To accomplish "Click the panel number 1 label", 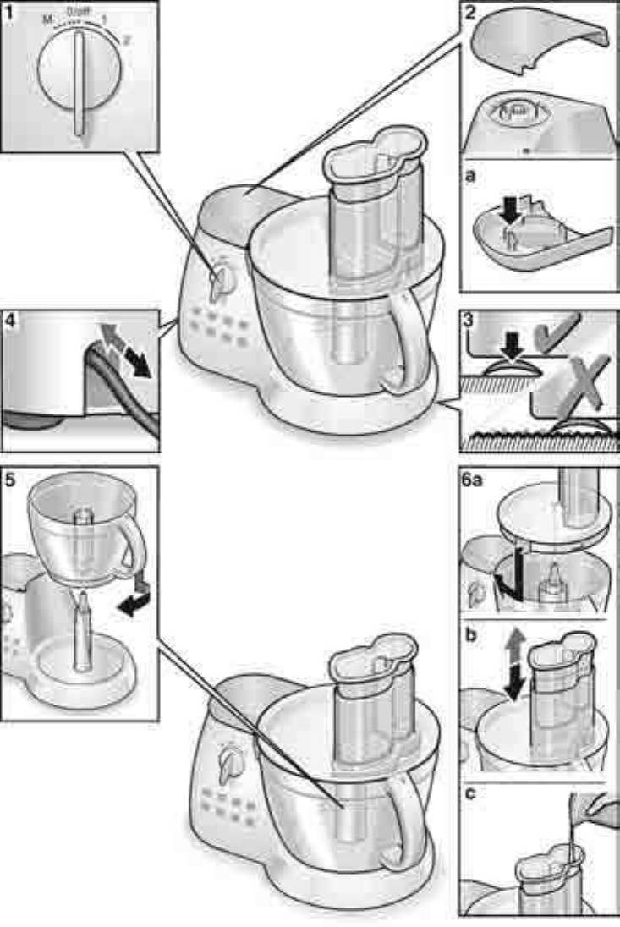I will pyautogui.click(x=9, y=12).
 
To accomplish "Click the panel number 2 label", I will pyautogui.click(x=470, y=13).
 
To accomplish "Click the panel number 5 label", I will pyautogui.click(x=11, y=479).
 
